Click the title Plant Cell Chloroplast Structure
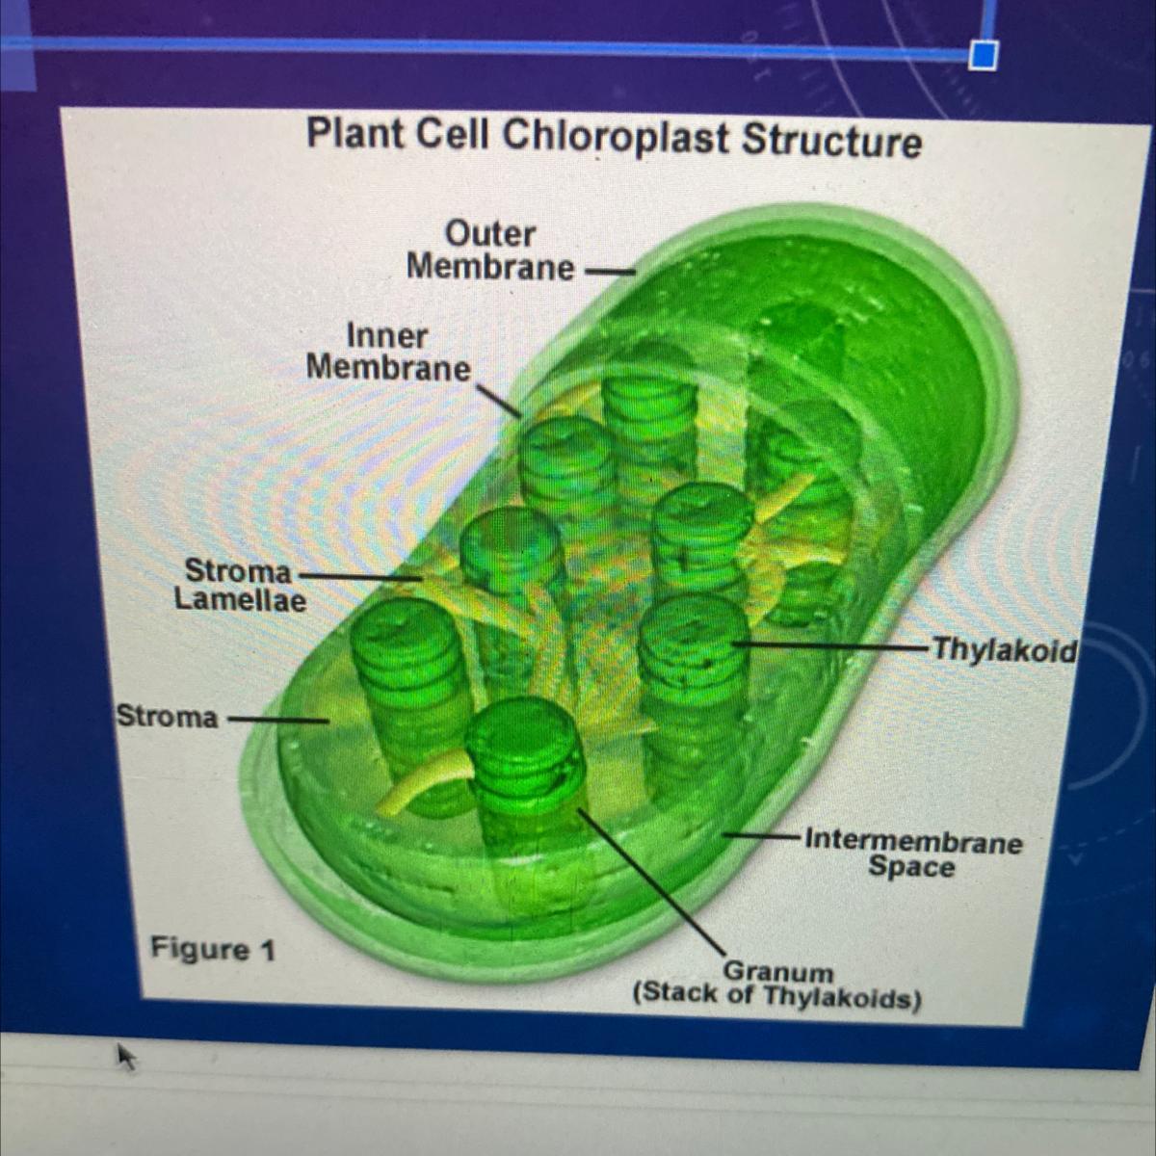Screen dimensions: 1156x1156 614,137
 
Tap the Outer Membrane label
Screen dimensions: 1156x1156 490,250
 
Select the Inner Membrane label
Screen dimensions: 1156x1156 388,353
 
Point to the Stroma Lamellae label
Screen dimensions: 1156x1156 241,586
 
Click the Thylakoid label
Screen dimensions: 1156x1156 1003,651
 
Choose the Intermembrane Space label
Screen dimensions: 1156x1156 912,854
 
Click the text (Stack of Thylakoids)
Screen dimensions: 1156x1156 776,995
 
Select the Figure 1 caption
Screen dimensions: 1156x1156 212,950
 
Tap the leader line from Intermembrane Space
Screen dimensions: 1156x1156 761,834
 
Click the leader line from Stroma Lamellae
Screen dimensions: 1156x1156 361,575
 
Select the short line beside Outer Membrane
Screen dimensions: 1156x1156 611,272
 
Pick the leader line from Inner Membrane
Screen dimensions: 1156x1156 498,399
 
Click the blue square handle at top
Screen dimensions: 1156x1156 983,56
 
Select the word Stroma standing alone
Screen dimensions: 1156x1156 168,717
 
